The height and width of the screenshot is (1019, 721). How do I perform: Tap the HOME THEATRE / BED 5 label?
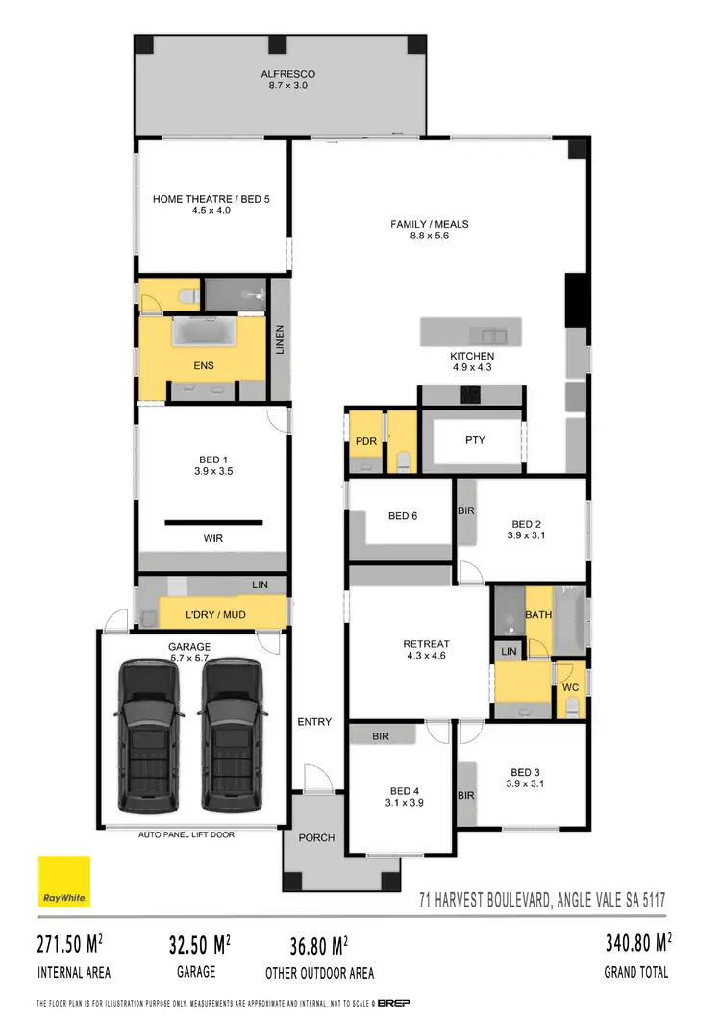point(211,200)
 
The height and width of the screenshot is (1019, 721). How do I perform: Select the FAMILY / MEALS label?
point(430,225)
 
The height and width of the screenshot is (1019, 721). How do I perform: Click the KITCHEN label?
point(472,356)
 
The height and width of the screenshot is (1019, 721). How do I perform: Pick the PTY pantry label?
point(475,441)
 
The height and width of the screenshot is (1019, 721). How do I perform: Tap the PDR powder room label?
point(364,441)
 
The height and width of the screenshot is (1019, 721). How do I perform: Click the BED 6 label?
point(403,516)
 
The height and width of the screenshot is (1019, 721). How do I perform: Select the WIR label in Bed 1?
point(212,539)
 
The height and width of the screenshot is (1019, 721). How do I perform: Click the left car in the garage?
point(150,735)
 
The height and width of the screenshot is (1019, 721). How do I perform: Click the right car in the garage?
point(231,735)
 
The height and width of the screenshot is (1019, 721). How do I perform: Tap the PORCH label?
point(316,838)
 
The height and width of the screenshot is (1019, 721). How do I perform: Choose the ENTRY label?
point(314,722)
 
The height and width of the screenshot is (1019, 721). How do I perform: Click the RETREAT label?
point(427,644)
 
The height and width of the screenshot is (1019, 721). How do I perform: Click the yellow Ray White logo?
point(64,882)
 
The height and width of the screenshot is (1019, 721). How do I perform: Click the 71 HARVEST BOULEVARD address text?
point(542,901)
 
